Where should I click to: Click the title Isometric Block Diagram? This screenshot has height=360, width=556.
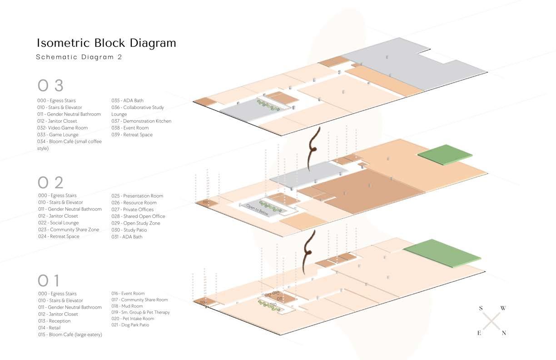pyautogui.click(x=106, y=43)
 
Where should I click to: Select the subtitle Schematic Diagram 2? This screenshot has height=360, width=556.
pyautogui.click(x=79, y=57)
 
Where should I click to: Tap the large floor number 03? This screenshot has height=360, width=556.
pyautogui.click(x=50, y=85)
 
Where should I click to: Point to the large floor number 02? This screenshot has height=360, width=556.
pyautogui.click(x=50, y=182)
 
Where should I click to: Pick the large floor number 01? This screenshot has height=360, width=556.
pyautogui.click(x=49, y=280)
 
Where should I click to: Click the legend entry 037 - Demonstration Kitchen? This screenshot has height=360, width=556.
pyautogui.click(x=142, y=121)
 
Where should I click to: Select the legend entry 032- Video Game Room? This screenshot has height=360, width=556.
pyautogui.click(x=62, y=128)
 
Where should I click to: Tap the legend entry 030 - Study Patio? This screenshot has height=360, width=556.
pyautogui.click(x=129, y=230)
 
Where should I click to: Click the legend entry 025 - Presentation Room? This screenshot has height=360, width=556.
pyautogui.click(x=137, y=196)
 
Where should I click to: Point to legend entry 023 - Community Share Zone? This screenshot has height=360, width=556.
pyautogui.click(x=68, y=230)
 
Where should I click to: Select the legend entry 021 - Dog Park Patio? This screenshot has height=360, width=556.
pyautogui.click(x=130, y=325)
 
